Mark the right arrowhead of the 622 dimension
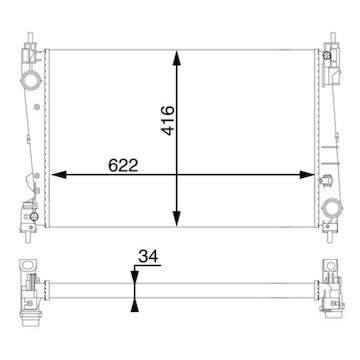click(x=311, y=176)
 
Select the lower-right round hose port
click(x=329, y=208)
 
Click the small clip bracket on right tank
click(x=326, y=179)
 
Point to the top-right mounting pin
click(x=327, y=41)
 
